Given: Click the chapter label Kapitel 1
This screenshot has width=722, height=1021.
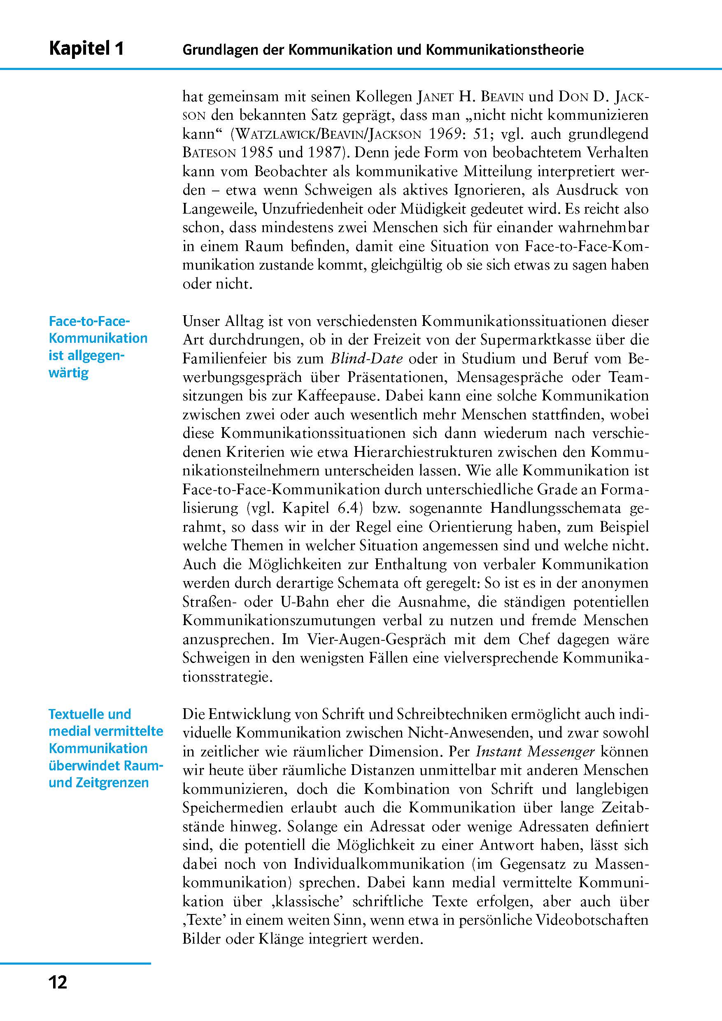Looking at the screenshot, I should [86, 49].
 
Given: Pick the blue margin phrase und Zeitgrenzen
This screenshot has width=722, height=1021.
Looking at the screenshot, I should [98, 783].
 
